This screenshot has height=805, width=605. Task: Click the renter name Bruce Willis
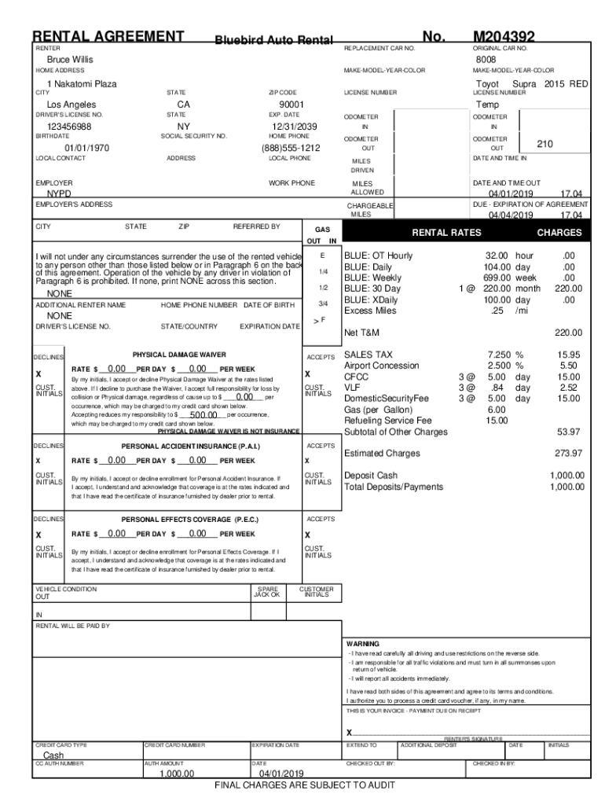click(70, 60)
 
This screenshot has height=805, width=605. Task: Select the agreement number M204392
click(504, 36)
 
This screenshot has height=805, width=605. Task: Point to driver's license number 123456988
click(69, 127)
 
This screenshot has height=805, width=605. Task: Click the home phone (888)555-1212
click(291, 148)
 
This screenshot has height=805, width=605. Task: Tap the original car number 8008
click(486, 60)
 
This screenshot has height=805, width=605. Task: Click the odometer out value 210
click(545, 144)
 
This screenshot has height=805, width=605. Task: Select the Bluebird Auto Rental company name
click(274, 40)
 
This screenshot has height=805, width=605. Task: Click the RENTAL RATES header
click(446, 233)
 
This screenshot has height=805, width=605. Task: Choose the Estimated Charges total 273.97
click(567, 453)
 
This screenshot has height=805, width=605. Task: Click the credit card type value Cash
click(58, 755)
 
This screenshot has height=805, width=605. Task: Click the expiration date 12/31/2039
click(294, 127)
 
